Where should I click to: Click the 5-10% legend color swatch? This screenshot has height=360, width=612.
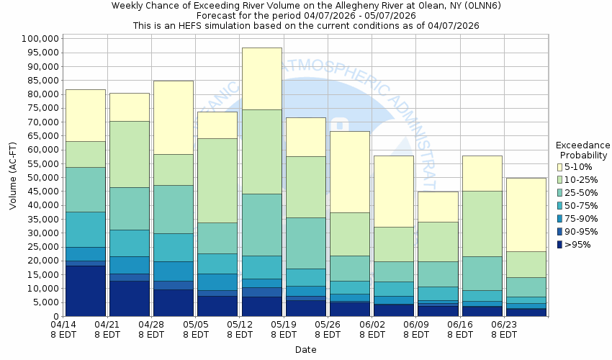click(x=559, y=167)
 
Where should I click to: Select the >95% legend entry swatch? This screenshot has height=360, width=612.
click(x=559, y=245)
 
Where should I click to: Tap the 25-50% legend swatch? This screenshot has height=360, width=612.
click(x=559, y=193)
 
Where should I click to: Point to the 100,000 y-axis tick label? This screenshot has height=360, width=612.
click(x=40, y=39)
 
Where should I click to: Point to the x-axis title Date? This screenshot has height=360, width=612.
click(x=305, y=350)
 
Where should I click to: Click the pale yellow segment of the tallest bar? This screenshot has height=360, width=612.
click(x=262, y=78)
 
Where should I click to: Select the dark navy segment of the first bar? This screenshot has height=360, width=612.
click(x=85, y=291)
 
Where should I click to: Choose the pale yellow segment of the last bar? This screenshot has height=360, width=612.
click(x=526, y=215)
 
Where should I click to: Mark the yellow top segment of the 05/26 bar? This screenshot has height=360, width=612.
click(x=350, y=171)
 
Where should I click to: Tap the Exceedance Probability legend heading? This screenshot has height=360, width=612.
click(x=583, y=150)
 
